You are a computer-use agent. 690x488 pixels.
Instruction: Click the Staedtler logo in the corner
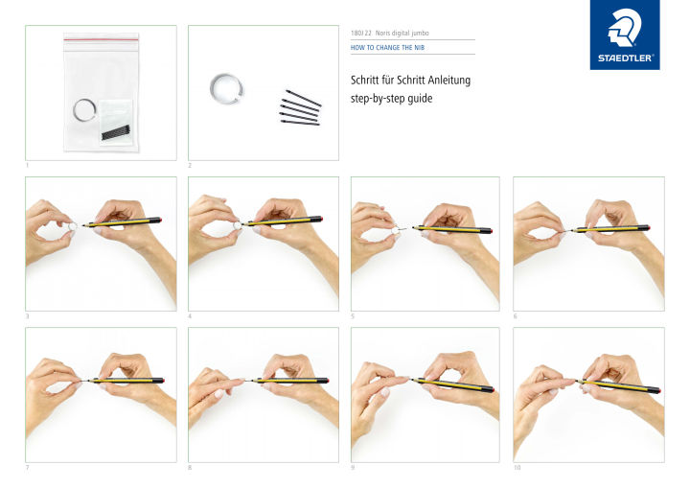coord(624,35)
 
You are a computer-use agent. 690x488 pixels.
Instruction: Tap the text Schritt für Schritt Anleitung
coord(409,79)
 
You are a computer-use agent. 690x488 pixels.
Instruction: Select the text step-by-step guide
coord(394,98)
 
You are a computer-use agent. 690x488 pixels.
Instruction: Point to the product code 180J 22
coord(361,32)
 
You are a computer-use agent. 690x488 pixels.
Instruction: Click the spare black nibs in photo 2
coord(300,107)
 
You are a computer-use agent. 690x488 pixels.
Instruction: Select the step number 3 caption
coord(28,315)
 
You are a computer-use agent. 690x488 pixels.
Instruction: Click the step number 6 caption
coord(516,315)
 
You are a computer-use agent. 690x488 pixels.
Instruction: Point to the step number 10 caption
coord(517,467)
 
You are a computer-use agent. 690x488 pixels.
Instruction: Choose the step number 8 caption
coord(191,467)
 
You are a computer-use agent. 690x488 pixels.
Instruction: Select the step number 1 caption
coord(28,165)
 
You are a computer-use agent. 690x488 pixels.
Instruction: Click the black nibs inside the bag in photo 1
coord(117,131)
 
